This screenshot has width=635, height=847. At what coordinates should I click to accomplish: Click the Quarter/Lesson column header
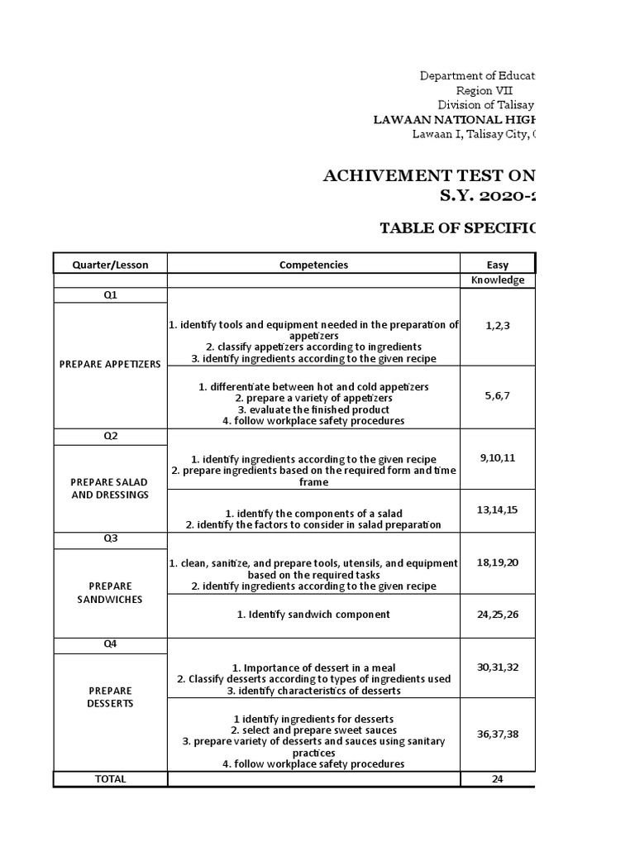110,265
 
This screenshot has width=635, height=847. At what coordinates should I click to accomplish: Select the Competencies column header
313,265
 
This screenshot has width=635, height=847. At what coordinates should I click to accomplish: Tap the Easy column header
498,265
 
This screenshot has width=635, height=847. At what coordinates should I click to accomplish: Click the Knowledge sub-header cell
498,280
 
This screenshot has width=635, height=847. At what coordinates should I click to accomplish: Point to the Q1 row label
110,295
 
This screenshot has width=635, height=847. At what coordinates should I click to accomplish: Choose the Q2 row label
110,437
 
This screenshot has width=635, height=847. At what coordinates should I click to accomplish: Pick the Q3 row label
110,539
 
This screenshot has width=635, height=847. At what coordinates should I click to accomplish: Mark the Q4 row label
110,645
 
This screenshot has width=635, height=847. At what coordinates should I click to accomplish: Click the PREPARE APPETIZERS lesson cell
110,364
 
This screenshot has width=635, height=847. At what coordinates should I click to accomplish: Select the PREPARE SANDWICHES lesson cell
110,592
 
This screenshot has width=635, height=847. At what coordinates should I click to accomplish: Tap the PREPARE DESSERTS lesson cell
110,696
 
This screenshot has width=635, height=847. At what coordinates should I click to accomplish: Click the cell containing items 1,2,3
498,325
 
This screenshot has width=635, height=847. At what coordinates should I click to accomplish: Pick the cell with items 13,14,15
498,510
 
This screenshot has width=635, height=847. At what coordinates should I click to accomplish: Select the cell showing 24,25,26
498,614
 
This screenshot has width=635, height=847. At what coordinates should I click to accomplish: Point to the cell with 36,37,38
498,734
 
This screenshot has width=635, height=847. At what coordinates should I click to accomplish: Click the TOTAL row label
110,778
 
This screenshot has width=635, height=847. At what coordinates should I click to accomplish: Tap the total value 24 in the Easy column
498,778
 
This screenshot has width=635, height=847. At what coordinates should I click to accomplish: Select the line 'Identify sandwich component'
313,615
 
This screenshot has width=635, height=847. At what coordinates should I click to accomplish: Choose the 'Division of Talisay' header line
485,105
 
